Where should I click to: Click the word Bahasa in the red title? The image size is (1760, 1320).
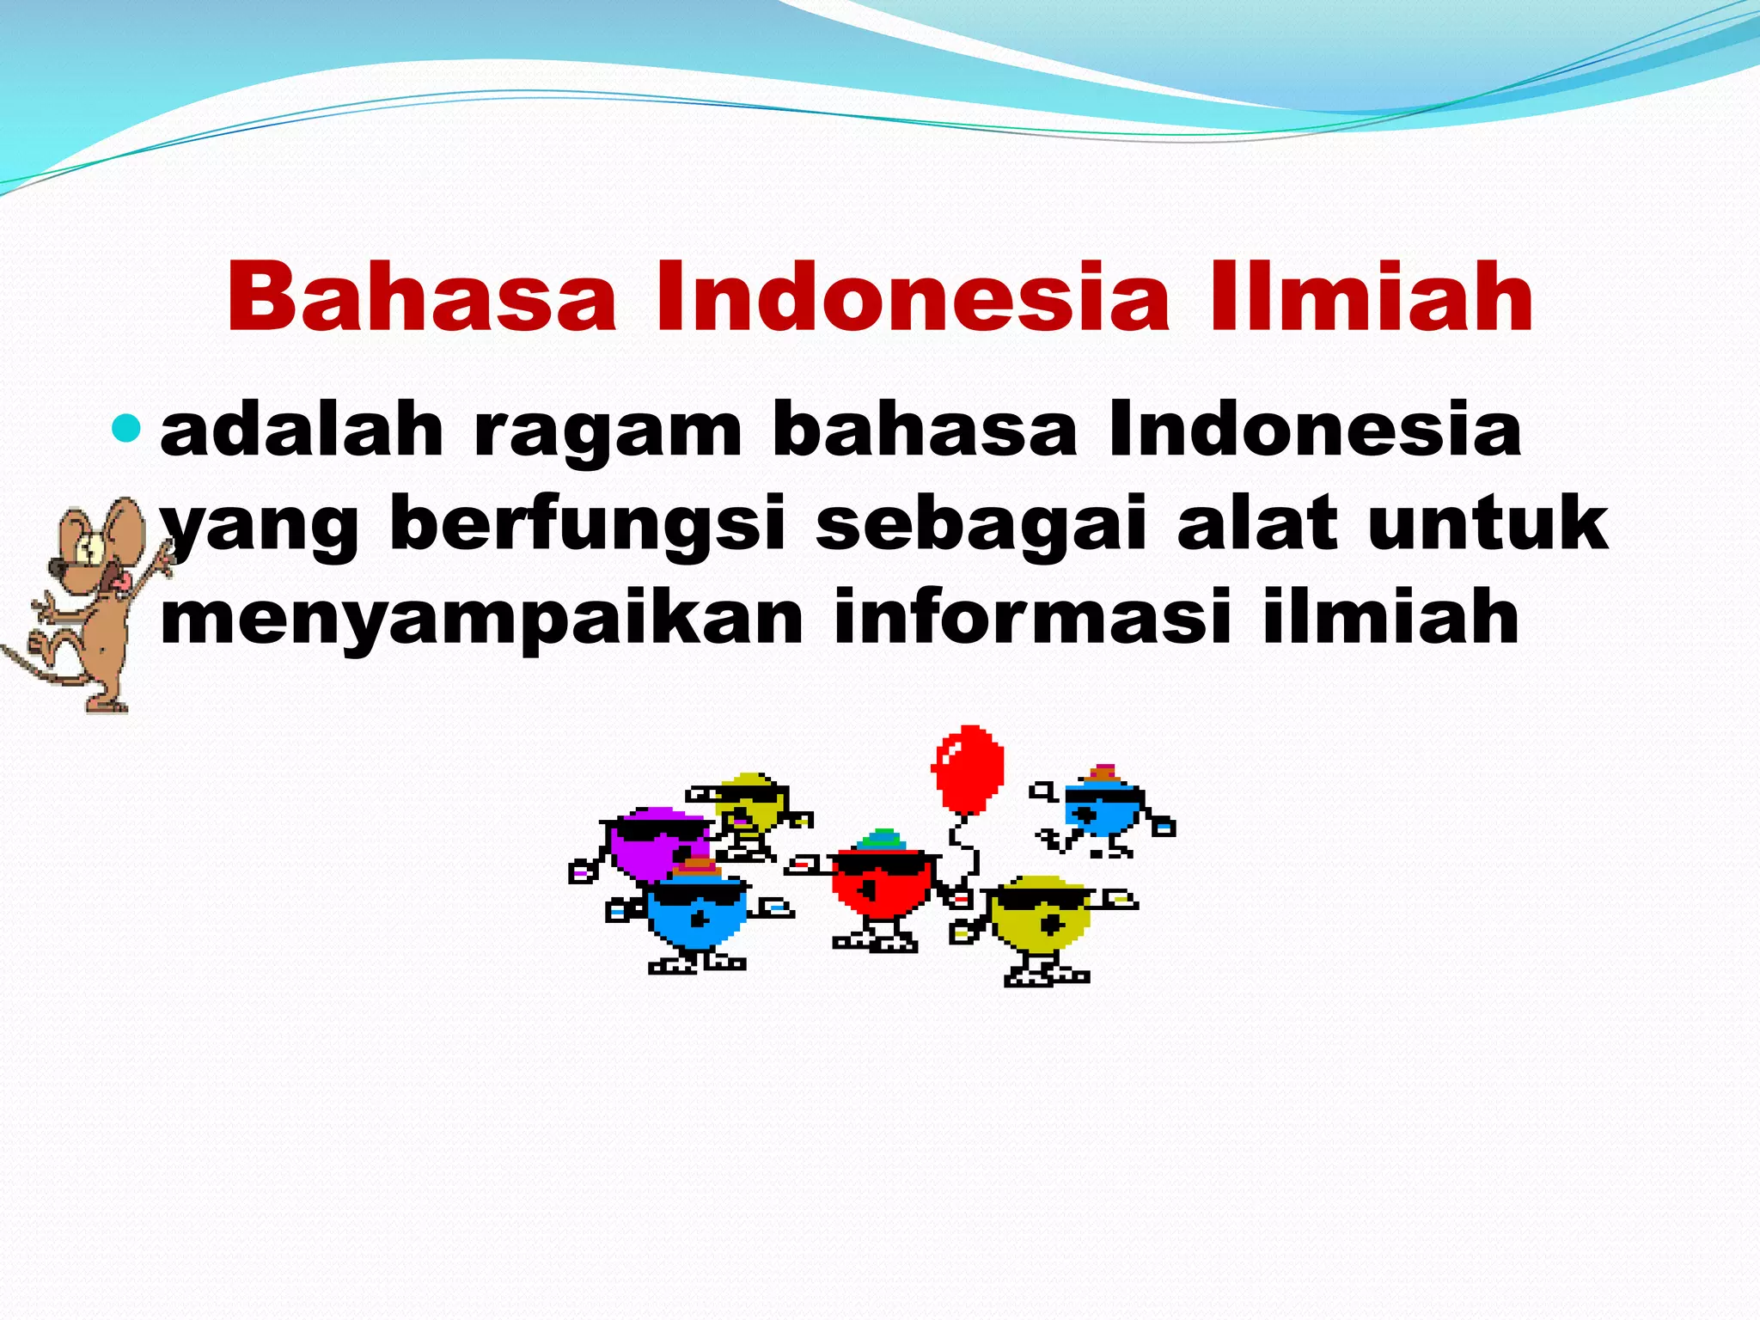[421, 296]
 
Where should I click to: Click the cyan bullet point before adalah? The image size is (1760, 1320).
[126, 427]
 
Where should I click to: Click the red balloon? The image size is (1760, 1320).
[968, 767]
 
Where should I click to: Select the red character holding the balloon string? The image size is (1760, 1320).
[881, 885]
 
